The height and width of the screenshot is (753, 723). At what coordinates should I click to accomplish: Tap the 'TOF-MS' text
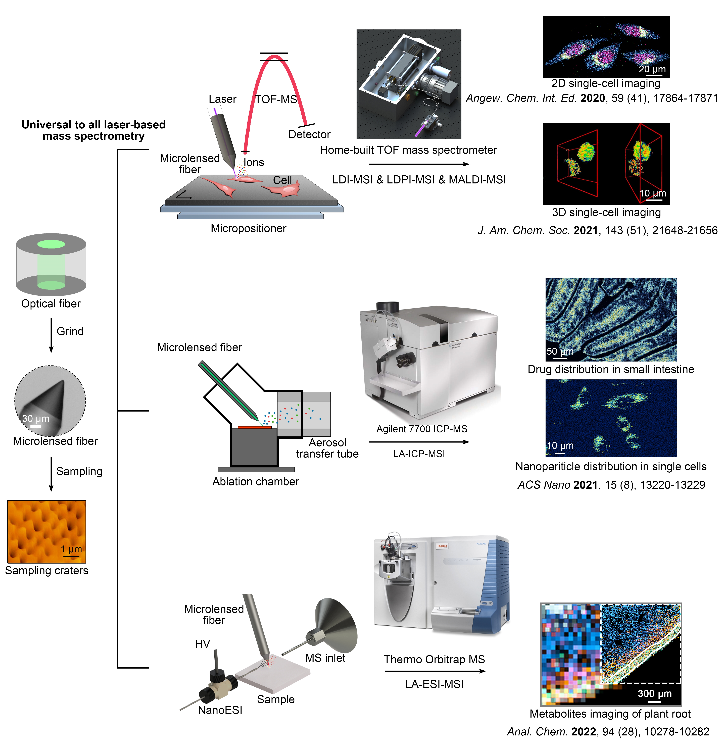click(x=276, y=99)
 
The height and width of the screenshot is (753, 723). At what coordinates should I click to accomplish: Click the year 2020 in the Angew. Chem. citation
click(x=592, y=98)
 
